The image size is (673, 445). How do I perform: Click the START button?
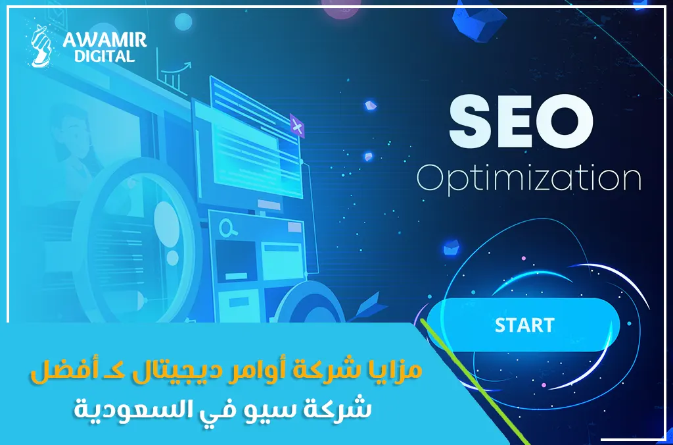[x=523, y=325]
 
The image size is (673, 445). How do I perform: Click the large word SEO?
[x=521, y=123]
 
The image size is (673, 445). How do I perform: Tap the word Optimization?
[x=529, y=179]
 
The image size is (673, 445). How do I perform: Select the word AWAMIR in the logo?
[x=104, y=40]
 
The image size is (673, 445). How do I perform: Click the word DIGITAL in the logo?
[x=104, y=57]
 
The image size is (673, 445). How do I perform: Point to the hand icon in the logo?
[x=43, y=45]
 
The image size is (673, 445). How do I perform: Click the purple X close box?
[x=296, y=126]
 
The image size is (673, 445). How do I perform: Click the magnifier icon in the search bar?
[x=228, y=228]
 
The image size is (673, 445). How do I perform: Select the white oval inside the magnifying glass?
[x=166, y=224]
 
